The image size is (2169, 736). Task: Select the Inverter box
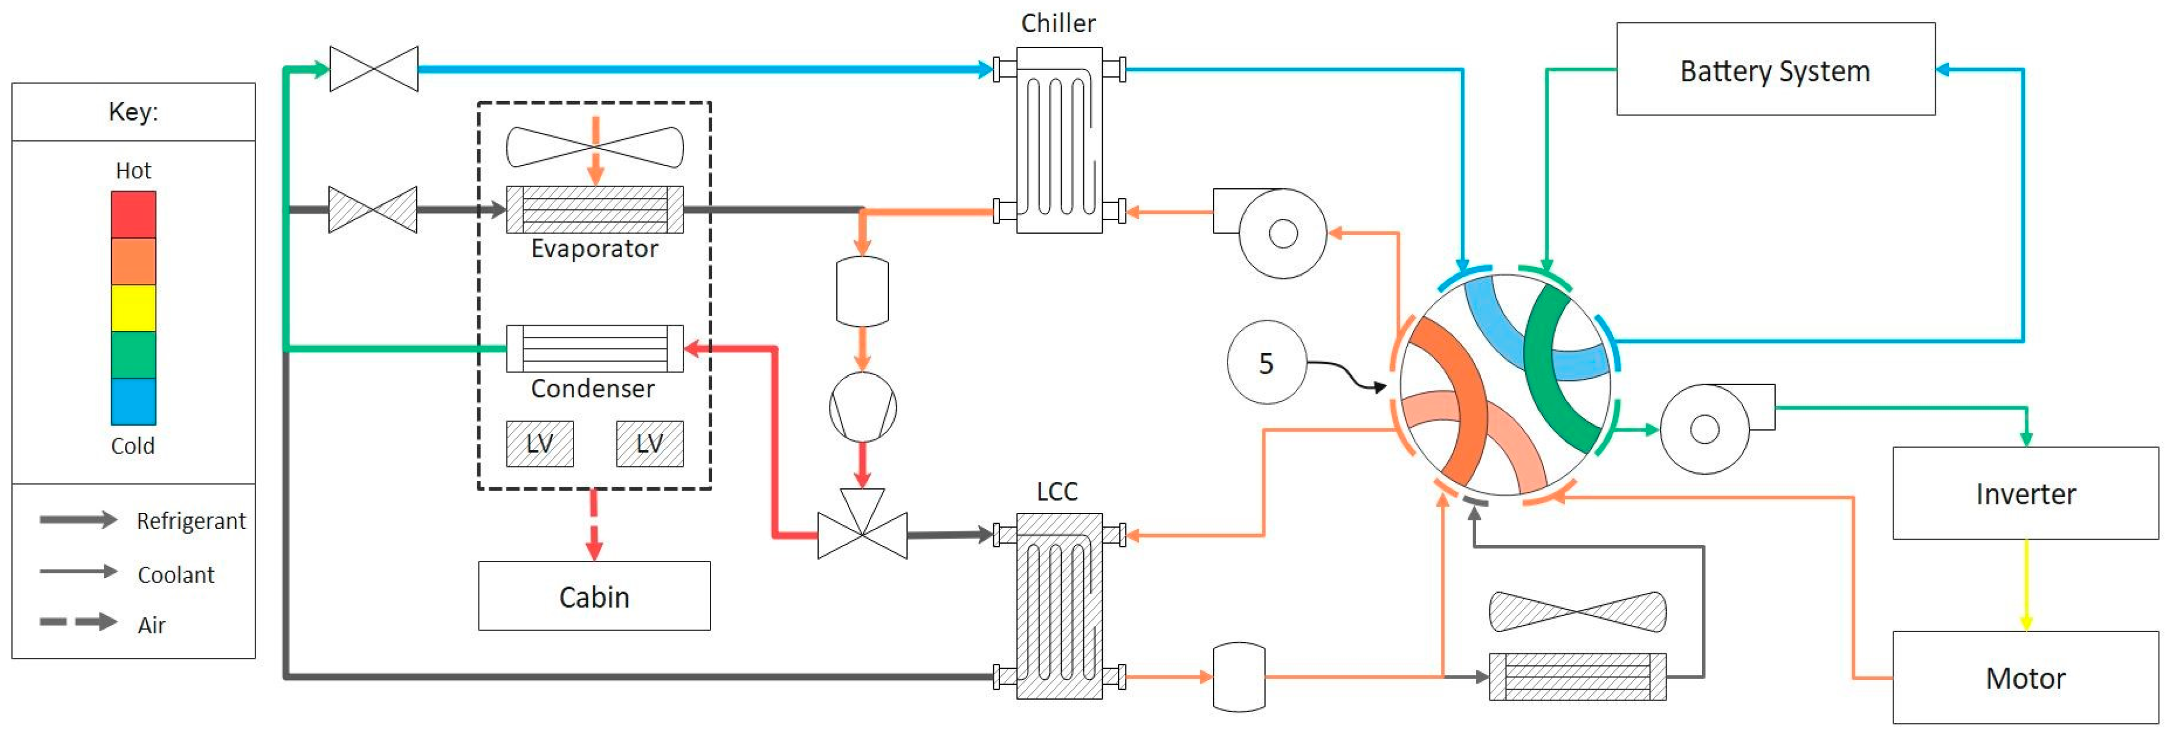(2024, 494)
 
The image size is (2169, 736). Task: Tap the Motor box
(2024, 678)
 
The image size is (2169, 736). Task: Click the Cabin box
(594, 596)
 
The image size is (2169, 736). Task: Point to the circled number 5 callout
(1265, 363)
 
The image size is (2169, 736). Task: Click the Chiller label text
(1058, 23)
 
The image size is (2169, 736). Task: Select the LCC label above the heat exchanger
(1057, 491)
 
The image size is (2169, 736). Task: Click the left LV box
(540, 444)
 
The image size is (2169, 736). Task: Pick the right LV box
(649, 444)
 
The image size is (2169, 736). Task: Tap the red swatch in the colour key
(133, 215)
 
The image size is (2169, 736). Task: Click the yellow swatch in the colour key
(133, 308)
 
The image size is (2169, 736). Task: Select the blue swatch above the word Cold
(133, 401)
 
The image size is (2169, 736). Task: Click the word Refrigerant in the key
(190, 521)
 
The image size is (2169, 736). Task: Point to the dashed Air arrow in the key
(78, 622)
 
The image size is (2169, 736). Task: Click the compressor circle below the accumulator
(862, 407)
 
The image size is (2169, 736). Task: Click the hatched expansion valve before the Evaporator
(372, 210)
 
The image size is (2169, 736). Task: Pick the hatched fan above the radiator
(1577, 612)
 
